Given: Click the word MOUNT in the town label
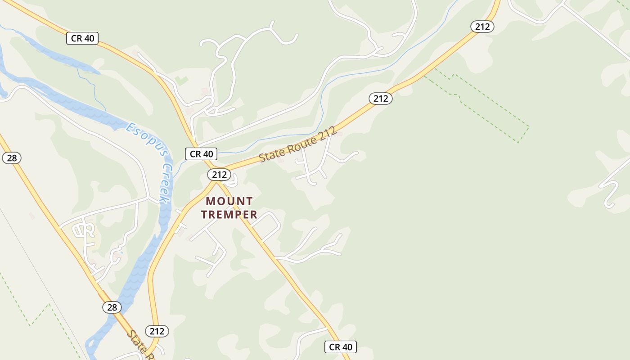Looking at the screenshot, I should pyautogui.click(x=229, y=201).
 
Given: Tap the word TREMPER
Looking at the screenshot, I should pyautogui.click(x=229, y=215).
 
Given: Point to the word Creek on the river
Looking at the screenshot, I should pyautogui.click(x=166, y=183).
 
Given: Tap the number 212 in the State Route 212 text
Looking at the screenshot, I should pyautogui.click(x=328, y=133).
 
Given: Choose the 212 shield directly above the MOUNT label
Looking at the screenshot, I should pyautogui.click(x=219, y=174).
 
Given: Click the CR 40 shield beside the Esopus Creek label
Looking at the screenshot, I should pyautogui.click(x=201, y=154).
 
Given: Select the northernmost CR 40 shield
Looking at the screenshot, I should pyautogui.click(x=82, y=38).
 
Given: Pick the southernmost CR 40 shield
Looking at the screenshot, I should pyautogui.click(x=341, y=347).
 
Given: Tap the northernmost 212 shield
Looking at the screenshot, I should pyautogui.click(x=482, y=27).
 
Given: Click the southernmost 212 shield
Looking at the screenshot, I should pyautogui.click(x=157, y=331).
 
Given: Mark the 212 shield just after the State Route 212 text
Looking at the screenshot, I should pyautogui.click(x=381, y=98).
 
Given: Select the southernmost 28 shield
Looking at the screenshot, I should pyautogui.click(x=112, y=307).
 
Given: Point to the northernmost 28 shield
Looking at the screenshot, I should pyautogui.click(x=11, y=158).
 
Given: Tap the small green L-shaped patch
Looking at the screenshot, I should pyautogui.click(x=181, y=81).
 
